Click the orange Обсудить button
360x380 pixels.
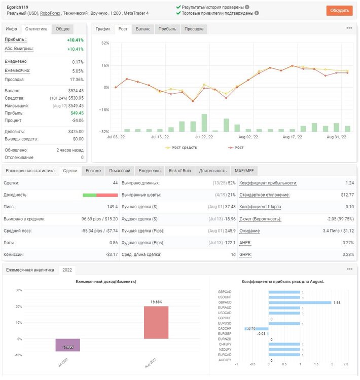(339, 11)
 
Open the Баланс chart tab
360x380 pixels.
(143, 29)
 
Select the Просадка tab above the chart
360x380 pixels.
(194, 29)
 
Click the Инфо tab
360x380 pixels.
(11, 29)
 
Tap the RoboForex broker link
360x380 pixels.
(50, 13)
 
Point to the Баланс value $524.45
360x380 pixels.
(76, 91)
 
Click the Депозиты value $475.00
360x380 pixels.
(76, 132)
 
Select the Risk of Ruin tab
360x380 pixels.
(180, 171)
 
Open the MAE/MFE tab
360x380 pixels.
(244, 171)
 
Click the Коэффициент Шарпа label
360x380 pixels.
(260, 207)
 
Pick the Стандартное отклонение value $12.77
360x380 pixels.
(347, 195)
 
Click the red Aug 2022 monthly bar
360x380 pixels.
(156, 323)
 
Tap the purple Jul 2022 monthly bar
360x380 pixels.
(67, 345)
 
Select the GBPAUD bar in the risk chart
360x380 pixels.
(300, 302)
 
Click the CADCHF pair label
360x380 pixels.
(225, 329)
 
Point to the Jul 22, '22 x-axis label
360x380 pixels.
(204, 137)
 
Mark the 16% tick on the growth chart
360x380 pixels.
(105, 65)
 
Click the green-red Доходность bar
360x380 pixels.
(100, 195)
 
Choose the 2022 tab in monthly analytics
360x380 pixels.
(67, 270)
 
